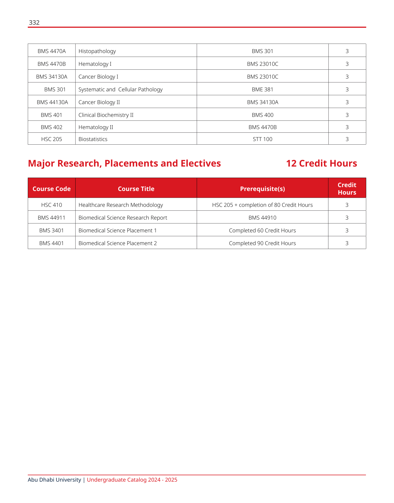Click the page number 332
pyautogui.click(x=34, y=23)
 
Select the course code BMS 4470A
pyautogui.click(x=52, y=51)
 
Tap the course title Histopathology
pyautogui.click(x=97, y=51)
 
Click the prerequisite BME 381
pyautogui.click(x=262, y=89)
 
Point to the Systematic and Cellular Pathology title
pyautogui.click(x=120, y=89)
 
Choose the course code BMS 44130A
pyautogui.click(x=52, y=102)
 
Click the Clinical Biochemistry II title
pyautogui.click(x=106, y=115)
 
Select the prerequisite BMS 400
pyautogui.click(x=262, y=115)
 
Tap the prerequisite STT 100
pyautogui.click(x=262, y=139)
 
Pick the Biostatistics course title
pyautogui.click(x=93, y=139)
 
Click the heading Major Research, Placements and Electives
pyautogui.click(x=124, y=163)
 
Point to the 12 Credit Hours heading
pyautogui.click(x=321, y=163)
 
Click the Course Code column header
pyautogui.click(x=51, y=189)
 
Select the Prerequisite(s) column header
pyautogui.click(x=262, y=189)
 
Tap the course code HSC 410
pyautogui.click(x=51, y=205)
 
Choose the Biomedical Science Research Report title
pyautogui.click(x=123, y=218)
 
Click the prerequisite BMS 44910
pyautogui.click(x=262, y=218)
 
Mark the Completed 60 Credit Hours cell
pyautogui.click(x=262, y=230)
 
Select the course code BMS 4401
pyautogui.click(x=51, y=243)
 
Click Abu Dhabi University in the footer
pyautogui.click(x=54, y=480)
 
